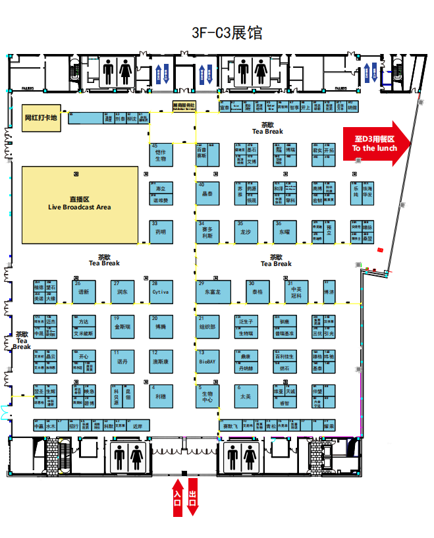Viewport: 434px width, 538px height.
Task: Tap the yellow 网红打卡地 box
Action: coord(41,119)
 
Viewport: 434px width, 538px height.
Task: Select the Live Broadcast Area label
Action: coord(80,203)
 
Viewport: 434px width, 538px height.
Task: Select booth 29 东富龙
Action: coord(213,291)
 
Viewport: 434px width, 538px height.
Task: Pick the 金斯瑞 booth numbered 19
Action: coord(122,326)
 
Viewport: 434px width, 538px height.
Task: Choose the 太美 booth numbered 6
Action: coord(246,397)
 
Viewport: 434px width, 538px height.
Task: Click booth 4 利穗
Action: coord(161,396)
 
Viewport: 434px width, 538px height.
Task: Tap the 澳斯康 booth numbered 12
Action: coord(161,361)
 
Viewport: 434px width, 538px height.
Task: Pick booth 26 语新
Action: coord(84,291)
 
